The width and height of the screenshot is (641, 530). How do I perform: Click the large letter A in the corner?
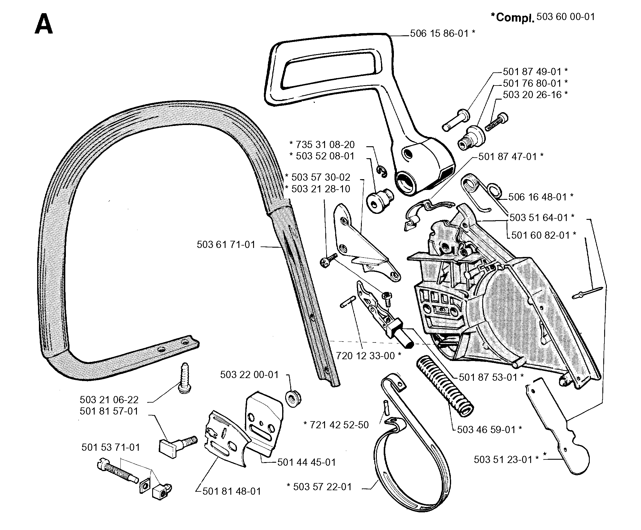tap(44, 24)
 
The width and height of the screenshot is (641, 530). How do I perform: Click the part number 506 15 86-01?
tap(439, 33)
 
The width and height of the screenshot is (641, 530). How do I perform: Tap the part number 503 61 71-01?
tap(226, 245)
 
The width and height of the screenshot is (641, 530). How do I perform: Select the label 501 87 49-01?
tap(532, 71)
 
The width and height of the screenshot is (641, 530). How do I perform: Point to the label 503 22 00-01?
tap(250, 374)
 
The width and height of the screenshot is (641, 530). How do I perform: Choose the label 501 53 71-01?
tap(111, 447)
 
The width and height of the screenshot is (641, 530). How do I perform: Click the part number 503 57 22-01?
tap(323, 487)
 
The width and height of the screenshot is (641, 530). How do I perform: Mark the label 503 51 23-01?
tap(503, 459)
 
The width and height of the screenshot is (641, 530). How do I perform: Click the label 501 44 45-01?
tap(306, 462)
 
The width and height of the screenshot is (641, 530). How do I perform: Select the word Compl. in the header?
tap(515, 18)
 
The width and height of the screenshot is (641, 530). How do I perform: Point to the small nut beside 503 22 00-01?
tap(293, 398)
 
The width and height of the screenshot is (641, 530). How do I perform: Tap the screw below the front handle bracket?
tap(184, 378)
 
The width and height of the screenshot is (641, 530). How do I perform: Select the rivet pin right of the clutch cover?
tap(587, 293)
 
